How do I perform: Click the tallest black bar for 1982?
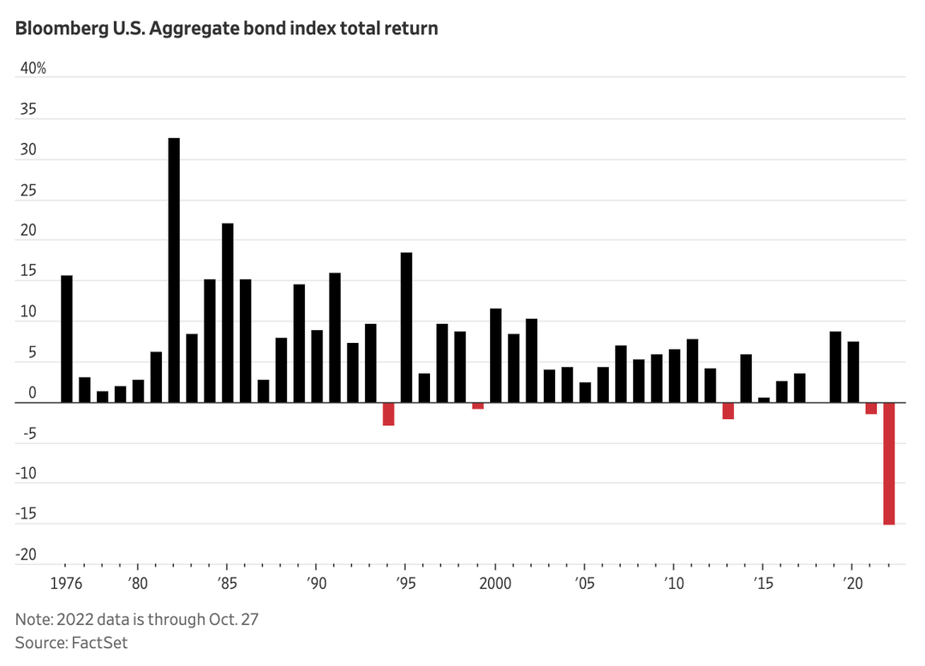(x=174, y=270)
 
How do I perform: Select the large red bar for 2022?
(x=889, y=463)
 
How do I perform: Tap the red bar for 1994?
(x=389, y=414)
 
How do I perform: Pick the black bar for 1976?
(x=67, y=339)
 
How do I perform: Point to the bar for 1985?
(x=228, y=313)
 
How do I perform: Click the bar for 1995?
(x=407, y=327)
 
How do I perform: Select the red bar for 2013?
(x=728, y=411)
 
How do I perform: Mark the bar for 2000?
(x=496, y=355)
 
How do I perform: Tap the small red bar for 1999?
(x=478, y=405)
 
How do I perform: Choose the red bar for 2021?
(x=871, y=408)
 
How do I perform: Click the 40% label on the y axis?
(x=33, y=69)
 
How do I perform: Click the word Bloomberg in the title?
(x=55, y=28)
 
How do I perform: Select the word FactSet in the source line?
(x=100, y=642)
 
